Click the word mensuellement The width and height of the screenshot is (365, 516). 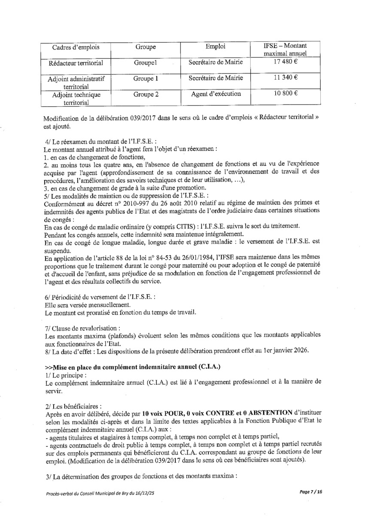[98, 304]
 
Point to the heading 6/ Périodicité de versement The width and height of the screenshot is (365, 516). [94, 297]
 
